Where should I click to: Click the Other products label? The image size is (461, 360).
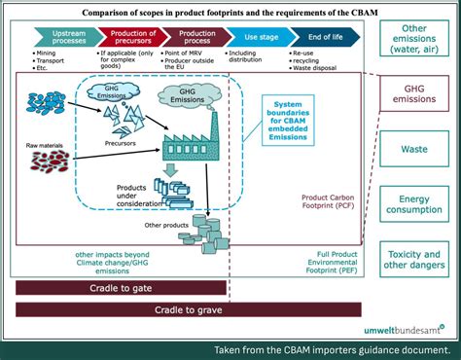pos(164,225)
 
